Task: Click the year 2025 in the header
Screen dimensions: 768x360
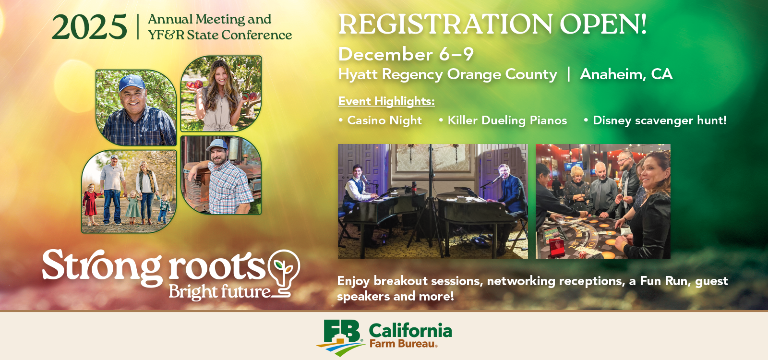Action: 89,27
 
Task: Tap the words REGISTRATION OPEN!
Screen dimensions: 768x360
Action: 492,24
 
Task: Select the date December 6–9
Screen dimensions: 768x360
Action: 406,54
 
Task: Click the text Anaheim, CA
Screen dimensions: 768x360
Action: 626,74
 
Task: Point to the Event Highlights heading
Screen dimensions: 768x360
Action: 386,101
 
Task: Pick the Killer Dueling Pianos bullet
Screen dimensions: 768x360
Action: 503,120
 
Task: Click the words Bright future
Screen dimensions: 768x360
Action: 219,292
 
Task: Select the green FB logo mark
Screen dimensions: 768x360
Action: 341,338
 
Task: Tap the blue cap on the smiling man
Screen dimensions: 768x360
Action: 132,83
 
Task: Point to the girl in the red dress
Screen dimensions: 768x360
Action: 91,204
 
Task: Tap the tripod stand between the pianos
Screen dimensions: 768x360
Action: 431,202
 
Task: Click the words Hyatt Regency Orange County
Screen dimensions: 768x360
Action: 447,74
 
